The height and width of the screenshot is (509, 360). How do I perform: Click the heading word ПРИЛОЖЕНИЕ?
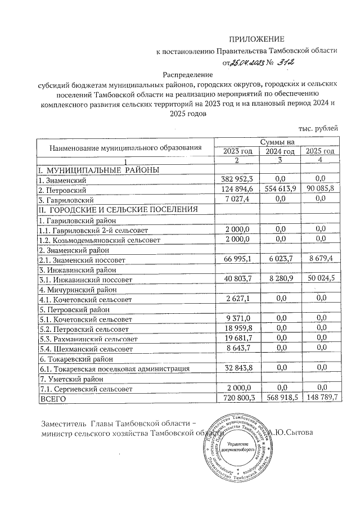coord(257,39)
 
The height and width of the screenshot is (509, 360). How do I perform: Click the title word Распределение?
coord(187,74)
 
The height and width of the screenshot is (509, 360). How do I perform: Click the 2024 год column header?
coord(280,151)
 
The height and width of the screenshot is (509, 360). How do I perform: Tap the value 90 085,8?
coord(320,189)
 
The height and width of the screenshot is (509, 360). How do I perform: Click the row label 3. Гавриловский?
coord(62,199)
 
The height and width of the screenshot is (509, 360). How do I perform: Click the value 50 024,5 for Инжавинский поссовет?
coord(320,279)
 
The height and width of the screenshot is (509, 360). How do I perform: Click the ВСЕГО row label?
coord(52,398)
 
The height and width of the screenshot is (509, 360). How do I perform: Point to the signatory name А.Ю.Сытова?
coord(296,433)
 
